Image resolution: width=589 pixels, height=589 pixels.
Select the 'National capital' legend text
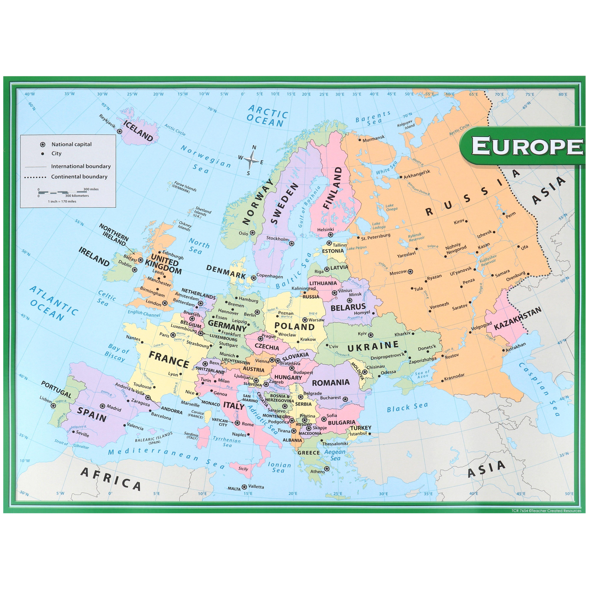[x=71, y=144]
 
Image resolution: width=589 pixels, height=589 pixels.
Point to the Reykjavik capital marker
[x=120, y=131]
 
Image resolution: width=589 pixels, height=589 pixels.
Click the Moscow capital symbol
[x=410, y=271]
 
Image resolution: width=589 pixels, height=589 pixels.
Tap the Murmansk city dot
[x=360, y=140]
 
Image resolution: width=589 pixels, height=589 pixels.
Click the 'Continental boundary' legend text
[x=79, y=177]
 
